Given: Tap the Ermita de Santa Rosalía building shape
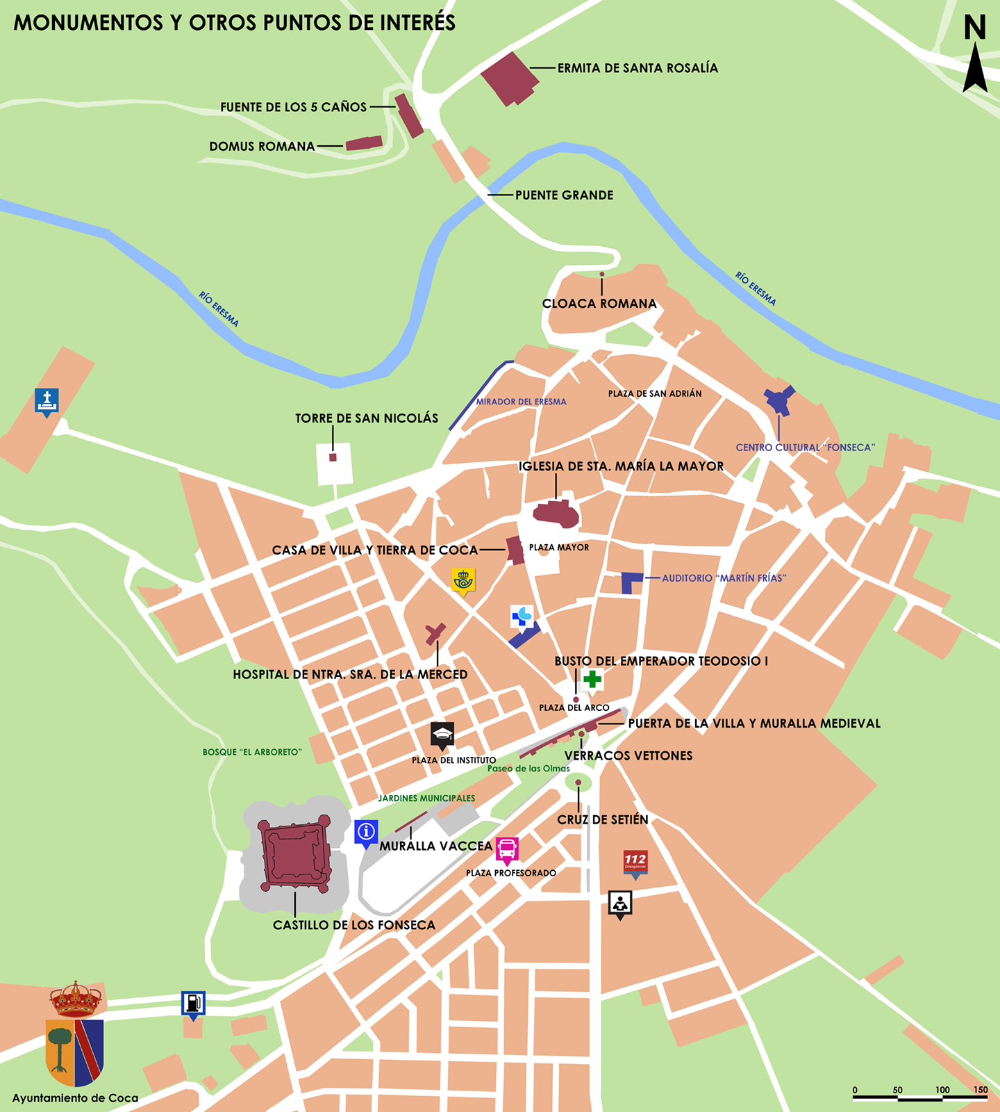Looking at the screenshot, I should (509, 78).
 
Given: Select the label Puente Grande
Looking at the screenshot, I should (564, 195).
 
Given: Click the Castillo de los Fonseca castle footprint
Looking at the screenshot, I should (294, 856).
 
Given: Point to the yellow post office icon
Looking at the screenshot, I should (463, 580).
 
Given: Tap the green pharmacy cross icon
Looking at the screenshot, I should (592, 679).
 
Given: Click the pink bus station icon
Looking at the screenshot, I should (507, 849).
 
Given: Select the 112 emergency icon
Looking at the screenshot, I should (635, 862).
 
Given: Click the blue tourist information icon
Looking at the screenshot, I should (366, 831).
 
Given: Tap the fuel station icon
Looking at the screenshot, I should (193, 1003).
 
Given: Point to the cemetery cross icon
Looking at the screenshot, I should (47, 400).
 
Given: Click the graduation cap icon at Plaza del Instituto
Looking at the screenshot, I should (442, 735).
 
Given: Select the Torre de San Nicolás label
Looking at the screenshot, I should (367, 418).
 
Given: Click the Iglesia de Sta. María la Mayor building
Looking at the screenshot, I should (556, 514).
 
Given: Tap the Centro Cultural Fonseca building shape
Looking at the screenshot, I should (779, 400).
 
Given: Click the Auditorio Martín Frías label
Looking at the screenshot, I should (724, 578).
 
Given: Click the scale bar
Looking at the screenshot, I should (920, 1097).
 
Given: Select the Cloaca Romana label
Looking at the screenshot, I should (599, 304).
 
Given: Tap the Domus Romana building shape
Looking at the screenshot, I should (364, 143).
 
